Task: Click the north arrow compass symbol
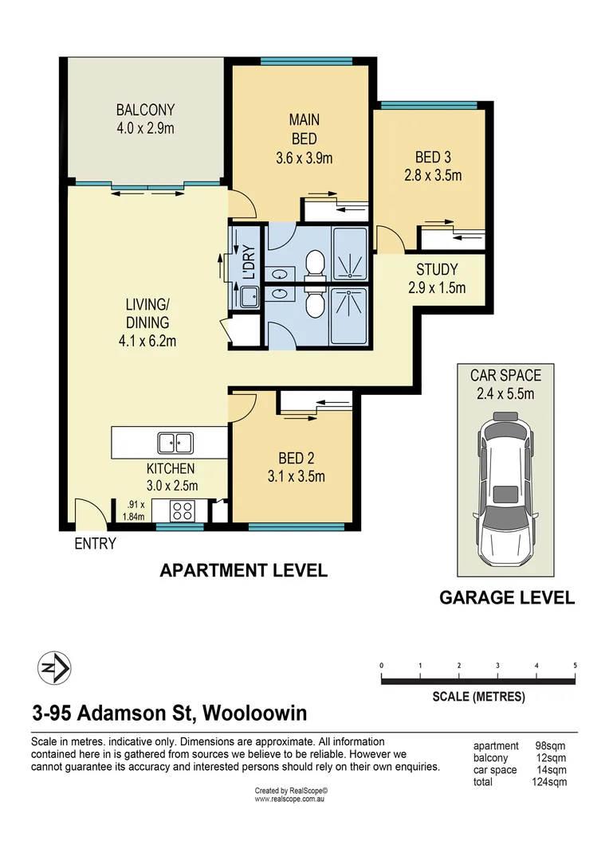point(54,668)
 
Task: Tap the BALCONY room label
point(146,110)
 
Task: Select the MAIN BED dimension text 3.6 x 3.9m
point(304,158)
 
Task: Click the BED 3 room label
point(433,158)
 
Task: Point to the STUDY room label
point(437,269)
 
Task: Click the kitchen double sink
point(175,443)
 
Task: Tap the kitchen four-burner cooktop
point(182,511)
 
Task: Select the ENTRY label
point(96,544)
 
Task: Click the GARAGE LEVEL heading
point(507,597)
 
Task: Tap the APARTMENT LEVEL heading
point(243,570)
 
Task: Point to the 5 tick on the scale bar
point(575,665)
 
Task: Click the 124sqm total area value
point(549,782)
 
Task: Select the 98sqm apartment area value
point(550,746)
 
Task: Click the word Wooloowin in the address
point(255,713)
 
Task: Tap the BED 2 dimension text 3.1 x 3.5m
point(296,476)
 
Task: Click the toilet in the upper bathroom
point(315,264)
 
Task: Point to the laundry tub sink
point(249,297)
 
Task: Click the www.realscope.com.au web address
point(289,799)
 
